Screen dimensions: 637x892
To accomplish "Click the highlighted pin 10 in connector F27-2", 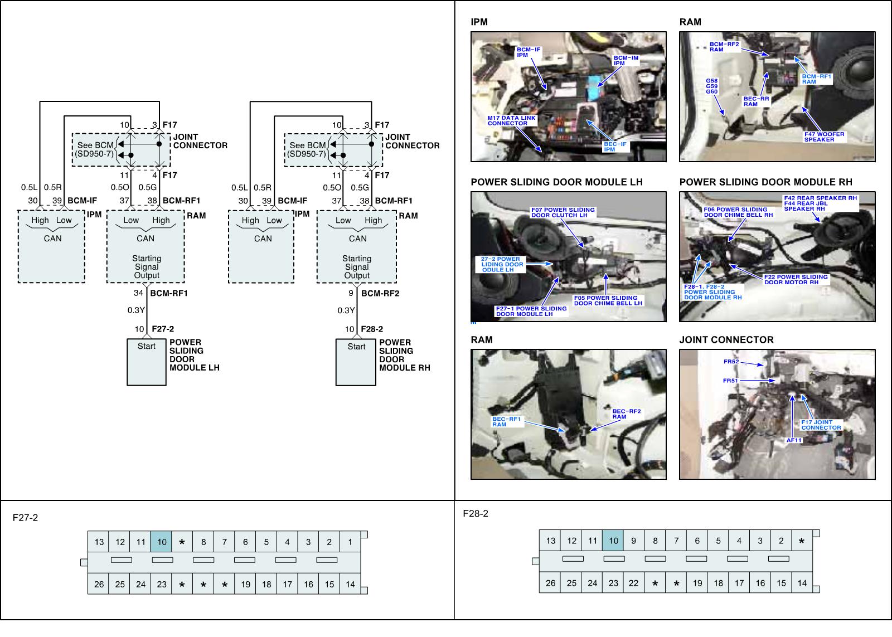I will tap(162, 542).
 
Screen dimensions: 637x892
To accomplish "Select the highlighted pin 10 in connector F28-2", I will tap(613, 541).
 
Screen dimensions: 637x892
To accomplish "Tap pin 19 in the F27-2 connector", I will tap(246, 585).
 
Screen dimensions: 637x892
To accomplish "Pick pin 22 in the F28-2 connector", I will tap(634, 583).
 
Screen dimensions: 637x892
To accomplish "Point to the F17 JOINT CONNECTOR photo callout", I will tap(821, 425).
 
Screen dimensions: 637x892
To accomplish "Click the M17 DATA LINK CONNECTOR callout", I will tap(511, 120).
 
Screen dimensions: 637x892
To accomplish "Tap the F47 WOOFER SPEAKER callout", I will tap(824, 137).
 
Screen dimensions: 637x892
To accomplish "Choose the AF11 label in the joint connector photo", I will tap(794, 440).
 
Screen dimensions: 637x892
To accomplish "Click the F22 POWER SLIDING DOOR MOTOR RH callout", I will tap(796, 280).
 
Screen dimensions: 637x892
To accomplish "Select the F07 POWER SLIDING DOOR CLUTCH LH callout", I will tap(563, 212).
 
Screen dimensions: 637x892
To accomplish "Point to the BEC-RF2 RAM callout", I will tap(627, 414).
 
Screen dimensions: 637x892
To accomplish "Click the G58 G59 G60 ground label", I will tap(711, 86).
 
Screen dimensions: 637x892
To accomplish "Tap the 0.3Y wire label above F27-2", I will tap(136, 310).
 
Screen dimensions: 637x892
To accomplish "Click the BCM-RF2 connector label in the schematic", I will tap(380, 294).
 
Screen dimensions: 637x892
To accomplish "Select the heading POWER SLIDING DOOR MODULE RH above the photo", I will tap(765, 182).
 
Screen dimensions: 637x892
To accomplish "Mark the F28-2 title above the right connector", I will tap(475, 514).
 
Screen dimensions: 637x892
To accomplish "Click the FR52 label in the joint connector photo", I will tap(731, 362).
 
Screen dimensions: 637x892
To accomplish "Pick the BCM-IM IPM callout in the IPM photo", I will tap(626, 60).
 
